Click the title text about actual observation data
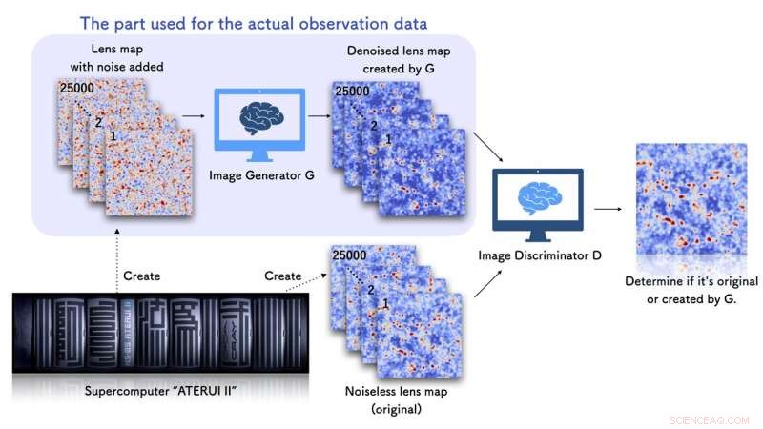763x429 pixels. coord(253,21)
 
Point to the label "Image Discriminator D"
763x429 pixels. coord(536,255)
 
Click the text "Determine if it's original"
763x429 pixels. coord(691,282)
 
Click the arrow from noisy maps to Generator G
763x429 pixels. coord(193,116)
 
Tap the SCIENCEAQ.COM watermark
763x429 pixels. coord(709,419)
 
